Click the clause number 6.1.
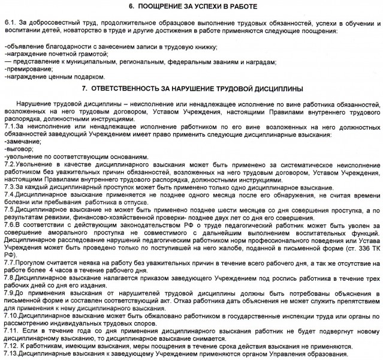(10, 22)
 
